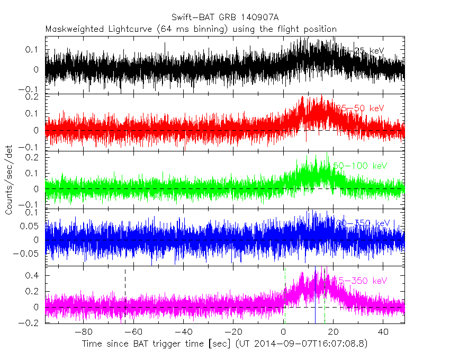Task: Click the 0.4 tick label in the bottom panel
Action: coord(33,276)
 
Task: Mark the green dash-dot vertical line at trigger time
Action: coord(285,296)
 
